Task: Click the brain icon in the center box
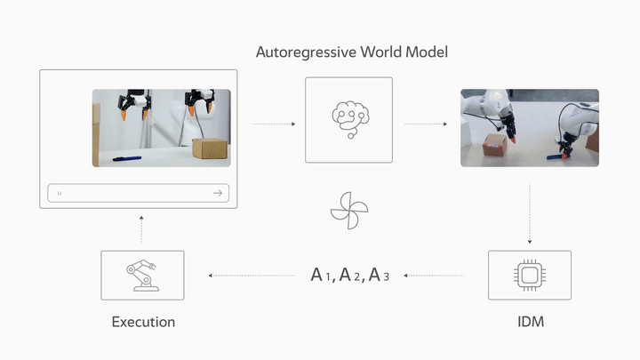click(348, 119)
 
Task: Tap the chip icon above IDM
click(530, 275)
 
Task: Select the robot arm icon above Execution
click(142, 275)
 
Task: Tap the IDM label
click(530, 321)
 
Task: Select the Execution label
click(143, 321)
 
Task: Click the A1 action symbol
click(322, 275)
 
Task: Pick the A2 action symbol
click(349, 275)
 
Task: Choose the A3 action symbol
click(379, 275)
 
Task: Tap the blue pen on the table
click(126, 159)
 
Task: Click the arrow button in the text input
click(217, 193)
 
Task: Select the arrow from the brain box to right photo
click(426, 124)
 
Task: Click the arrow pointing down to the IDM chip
click(530, 213)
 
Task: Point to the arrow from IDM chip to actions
click(435, 276)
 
